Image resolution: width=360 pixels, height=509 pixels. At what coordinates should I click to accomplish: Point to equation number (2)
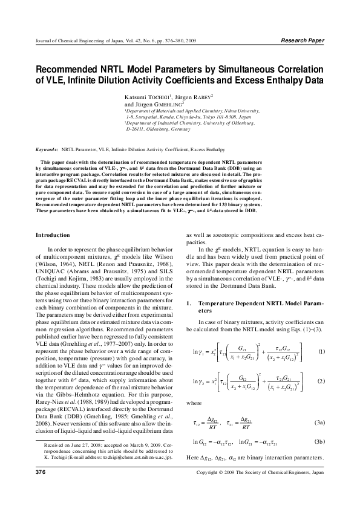coord(322,381)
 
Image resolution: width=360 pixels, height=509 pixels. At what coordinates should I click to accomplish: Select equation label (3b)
coord(321,443)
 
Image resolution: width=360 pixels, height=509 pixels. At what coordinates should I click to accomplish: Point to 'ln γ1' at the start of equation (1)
coord(200,351)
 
